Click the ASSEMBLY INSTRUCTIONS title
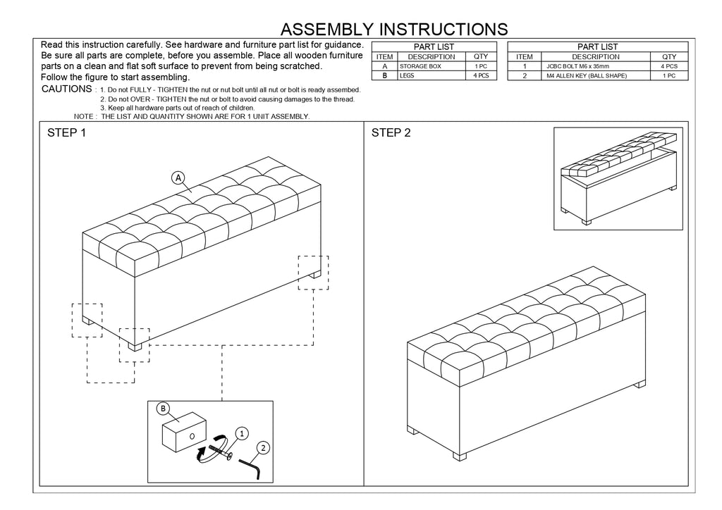click(393, 29)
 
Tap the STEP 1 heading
click(66, 133)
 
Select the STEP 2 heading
click(391, 133)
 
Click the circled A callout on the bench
click(178, 178)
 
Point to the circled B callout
click(163, 409)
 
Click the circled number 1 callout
click(241, 434)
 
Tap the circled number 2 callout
click(262, 447)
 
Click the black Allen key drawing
click(253, 469)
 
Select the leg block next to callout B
click(183, 430)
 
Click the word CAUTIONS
click(66, 89)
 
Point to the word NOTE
click(84, 116)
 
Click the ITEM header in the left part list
click(385, 57)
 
